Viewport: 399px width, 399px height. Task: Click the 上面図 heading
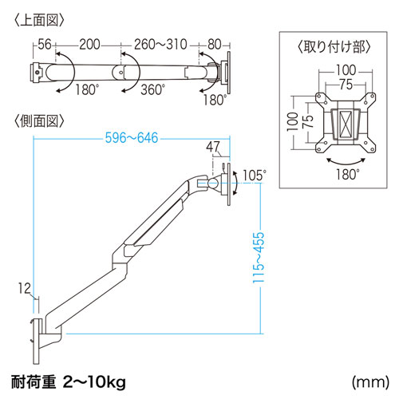click(39, 21)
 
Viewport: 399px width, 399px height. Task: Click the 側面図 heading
click(39, 121)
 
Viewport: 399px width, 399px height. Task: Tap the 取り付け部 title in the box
click(334, 47)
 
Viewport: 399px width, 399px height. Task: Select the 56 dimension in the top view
click(45, 44)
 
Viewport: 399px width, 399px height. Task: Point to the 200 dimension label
click(89, 44)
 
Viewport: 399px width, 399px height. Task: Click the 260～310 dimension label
click(160, 44)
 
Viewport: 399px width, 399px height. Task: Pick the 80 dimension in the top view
click(215, 44)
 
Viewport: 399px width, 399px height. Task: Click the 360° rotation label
click(152, 89)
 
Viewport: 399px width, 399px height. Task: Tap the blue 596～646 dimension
click(132, 138)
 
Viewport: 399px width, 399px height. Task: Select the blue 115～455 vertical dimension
click(259, 258)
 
